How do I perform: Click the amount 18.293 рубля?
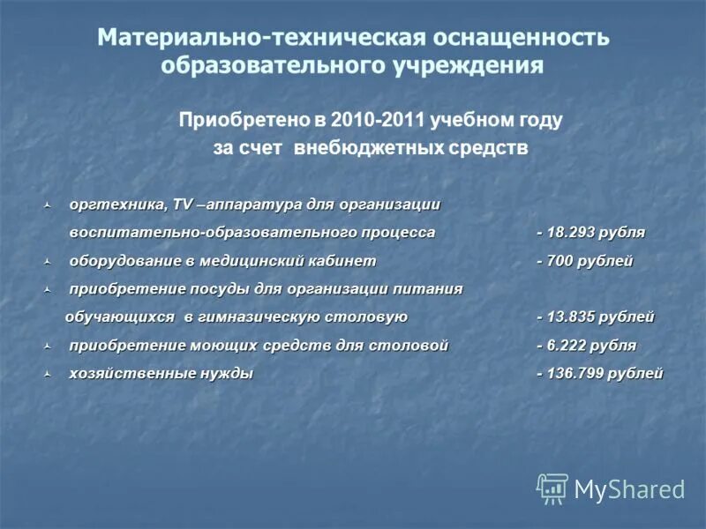596,233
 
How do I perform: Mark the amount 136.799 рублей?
605,374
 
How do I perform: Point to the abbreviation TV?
183,205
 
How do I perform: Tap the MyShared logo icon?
552,488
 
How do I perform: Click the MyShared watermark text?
629,489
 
